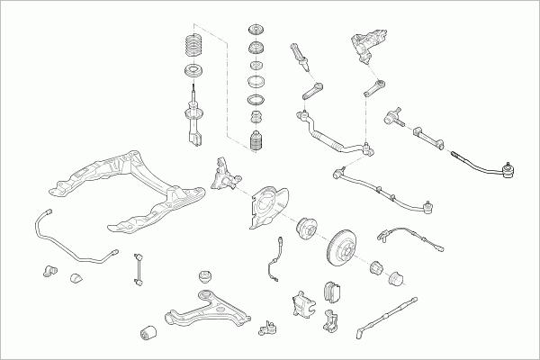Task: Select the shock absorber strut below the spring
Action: point(193,117)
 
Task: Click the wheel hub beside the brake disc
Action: point(302,233)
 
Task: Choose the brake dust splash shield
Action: point(265,206)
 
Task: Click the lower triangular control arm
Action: point(200,310)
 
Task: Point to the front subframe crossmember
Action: point(135,189)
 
